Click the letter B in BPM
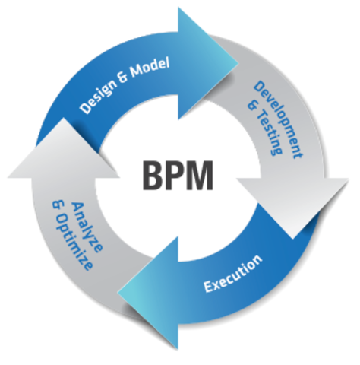pos(152,176)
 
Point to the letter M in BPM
pos(207,176)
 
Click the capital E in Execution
pos(207,287)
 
